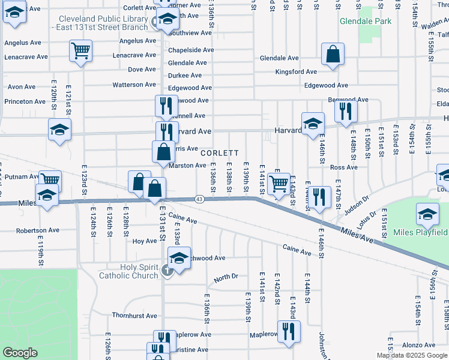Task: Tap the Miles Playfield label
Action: pyautogui.click(x=420, y=232)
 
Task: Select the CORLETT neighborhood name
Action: pyautogui.click(x=220, y=153)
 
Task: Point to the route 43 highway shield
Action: pyautogui.click(x=199, y=199)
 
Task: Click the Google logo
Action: pyautogui.click(x=20, y=353)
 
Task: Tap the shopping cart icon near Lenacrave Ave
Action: pyautogui.click(x=80, y=51)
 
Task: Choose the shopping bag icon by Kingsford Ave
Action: pyautogui.click(x=333, y=55)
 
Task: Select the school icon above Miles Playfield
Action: pyautogui.click(x=427, y=214)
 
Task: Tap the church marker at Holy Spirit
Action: pyautogui.click(x=167, y=271)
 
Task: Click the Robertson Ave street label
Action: pyautogui.click(x=38, y=230)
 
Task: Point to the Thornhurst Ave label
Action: pyautogui.click(x=134, y=316)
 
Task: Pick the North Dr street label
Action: pyautogui.click(x=226, y=278)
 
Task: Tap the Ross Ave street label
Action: pyautogui.click(x=344, y=167)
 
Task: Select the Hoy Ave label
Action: pyautogui.click(x=144, y=241)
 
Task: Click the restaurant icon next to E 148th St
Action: pyautogui.click(x=346, y=112)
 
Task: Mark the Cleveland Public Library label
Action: pyautogui.click(x=99, y=22)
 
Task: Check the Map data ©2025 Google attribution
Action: pyautogui.click(x=412, y=355)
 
